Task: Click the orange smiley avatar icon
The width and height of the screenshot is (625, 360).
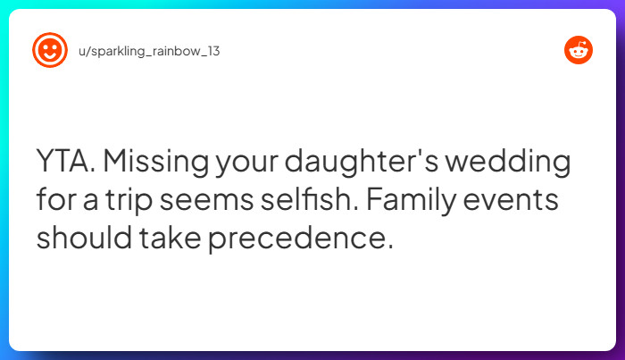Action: [x=50, y=50]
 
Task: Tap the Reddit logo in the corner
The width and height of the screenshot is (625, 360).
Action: [x=579, y=50]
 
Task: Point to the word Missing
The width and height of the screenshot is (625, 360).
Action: [x=153, y=165]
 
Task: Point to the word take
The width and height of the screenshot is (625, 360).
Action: [x=162, y=239]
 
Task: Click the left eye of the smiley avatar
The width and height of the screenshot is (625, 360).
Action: [x=45, y=46]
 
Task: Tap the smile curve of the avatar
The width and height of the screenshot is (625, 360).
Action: [x=50, y=56]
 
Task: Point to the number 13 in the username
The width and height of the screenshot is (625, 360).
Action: [x=212, y=51]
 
